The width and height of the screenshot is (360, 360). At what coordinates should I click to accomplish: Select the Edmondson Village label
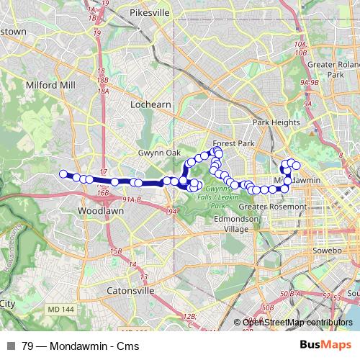pos(235,224)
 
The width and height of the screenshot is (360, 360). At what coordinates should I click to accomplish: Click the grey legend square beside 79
pos(10,345)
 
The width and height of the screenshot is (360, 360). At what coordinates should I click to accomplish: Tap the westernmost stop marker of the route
pos(63,174)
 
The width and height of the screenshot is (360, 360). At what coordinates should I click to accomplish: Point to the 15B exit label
pos(115,251)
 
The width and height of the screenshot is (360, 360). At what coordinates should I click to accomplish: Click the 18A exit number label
pos(104,91)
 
